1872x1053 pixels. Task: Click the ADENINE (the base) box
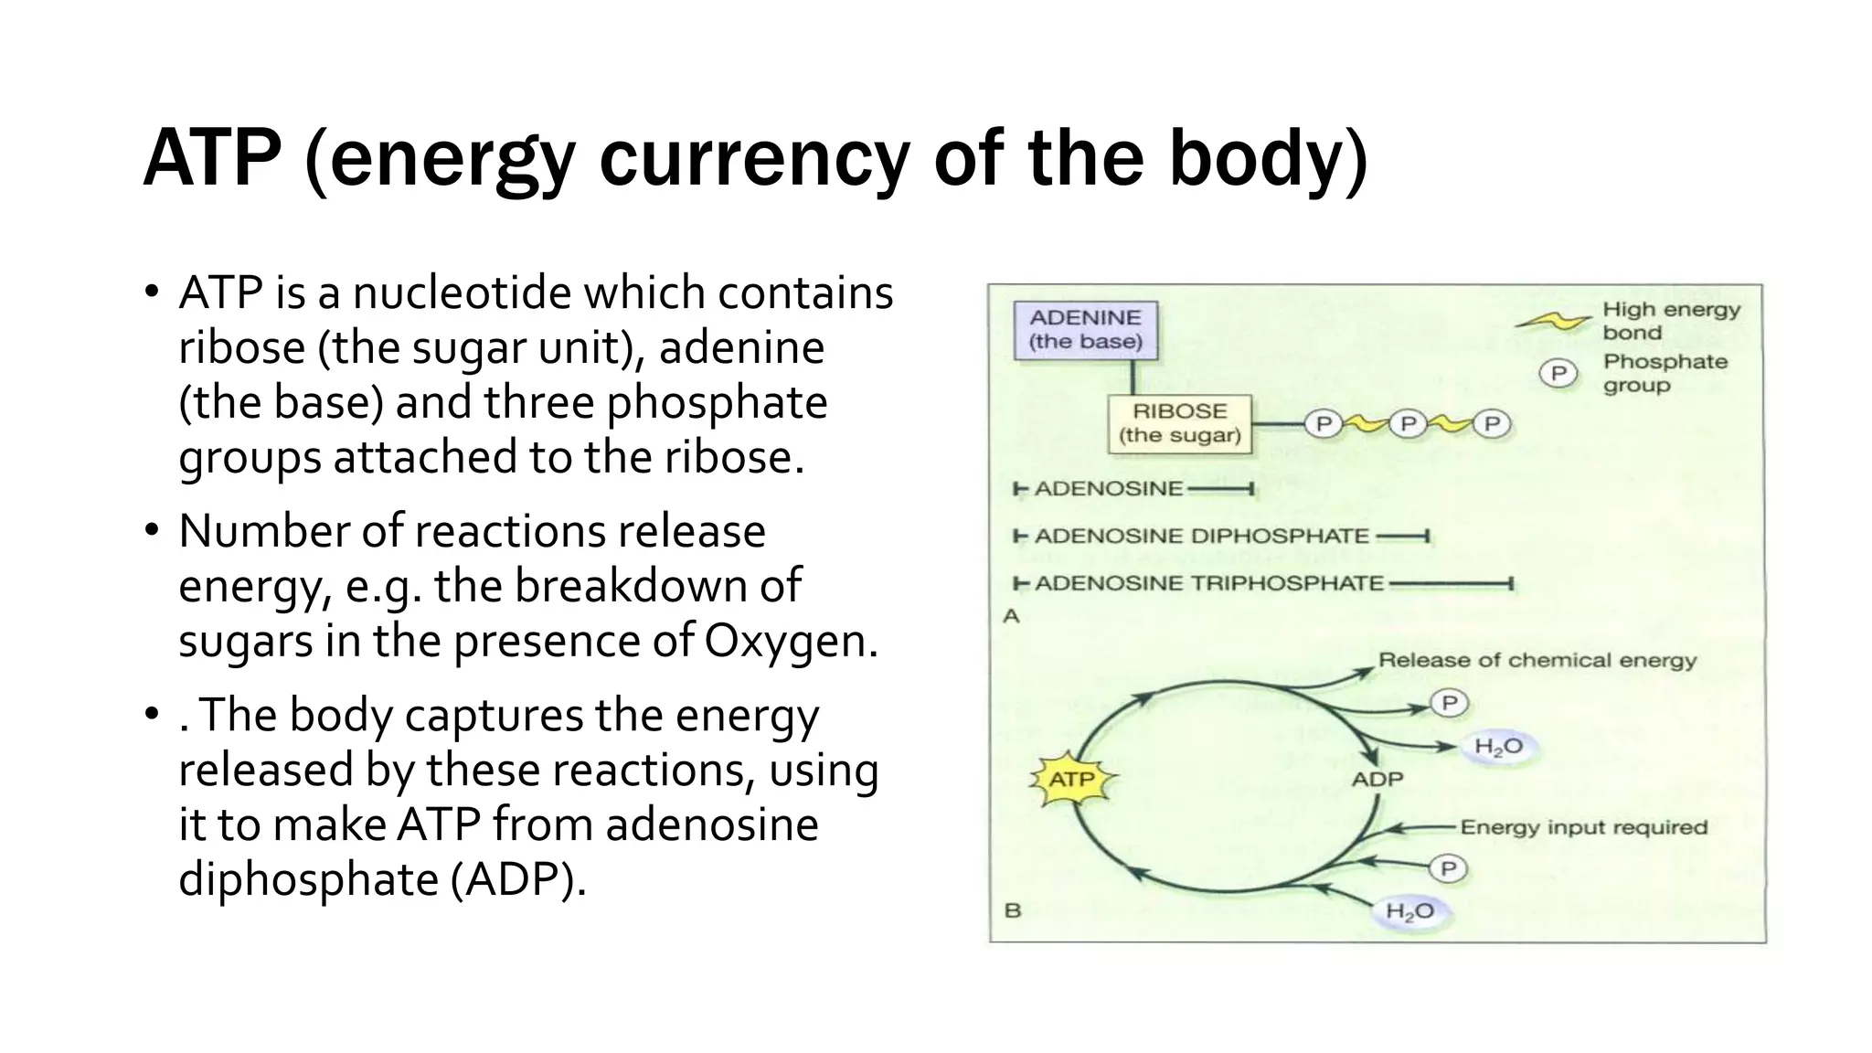pyautogui.click(x=1086, y=329)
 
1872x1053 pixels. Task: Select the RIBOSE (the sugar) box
pyautogui.click(x=1179, y=423)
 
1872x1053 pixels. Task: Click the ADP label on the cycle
pyautogui.click(x=1377, y=780)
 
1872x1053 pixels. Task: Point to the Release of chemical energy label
pyautogui.click(x=1537, y=660)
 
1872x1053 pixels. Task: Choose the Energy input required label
pyautogui.click(x=1583, y=827)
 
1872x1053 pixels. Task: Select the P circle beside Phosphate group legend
pyautogui.click(x=1558, y=373)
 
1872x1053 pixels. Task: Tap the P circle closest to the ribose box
pyautogui.click(x=1323, y=424)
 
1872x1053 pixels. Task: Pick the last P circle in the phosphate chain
pyautogui.click(x=1492, y=424)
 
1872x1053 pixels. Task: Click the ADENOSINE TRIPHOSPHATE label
pyautogui.click(x=1208, y=583)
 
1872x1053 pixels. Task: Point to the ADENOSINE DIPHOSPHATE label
pyautogui.click(x=1201, y=536)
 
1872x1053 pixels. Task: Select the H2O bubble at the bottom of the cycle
pyautogui.click(x=1409, y=911)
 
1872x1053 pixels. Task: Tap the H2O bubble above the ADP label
pyautogui.click(x=1498, y=747)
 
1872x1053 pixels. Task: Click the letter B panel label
pyautogui.click(x=1013, y=910)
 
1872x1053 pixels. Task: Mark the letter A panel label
pyautogui.click(x=1011, y=616)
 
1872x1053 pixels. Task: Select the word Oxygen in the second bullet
pyautogui.click(x=790, y=641)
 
